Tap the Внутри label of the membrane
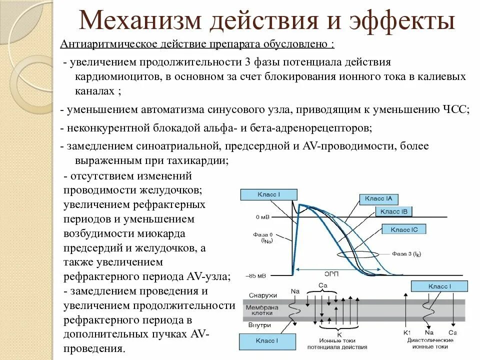tap(260, 324)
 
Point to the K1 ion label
tap(407, 332)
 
